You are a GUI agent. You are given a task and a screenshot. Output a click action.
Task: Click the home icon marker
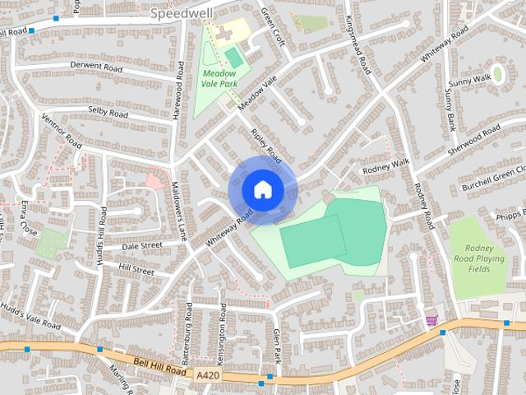coord(262,190)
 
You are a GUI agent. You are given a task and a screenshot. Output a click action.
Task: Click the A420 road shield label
coord(209,375)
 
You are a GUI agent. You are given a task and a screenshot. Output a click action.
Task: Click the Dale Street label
coord(142,245)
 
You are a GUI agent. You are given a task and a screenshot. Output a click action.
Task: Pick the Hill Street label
coord(136,269)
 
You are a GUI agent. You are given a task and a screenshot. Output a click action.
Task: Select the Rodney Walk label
coord(385,163)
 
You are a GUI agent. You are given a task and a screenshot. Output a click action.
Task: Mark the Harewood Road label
coord(176,97)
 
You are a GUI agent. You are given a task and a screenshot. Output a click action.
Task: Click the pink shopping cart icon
coord(431,321)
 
